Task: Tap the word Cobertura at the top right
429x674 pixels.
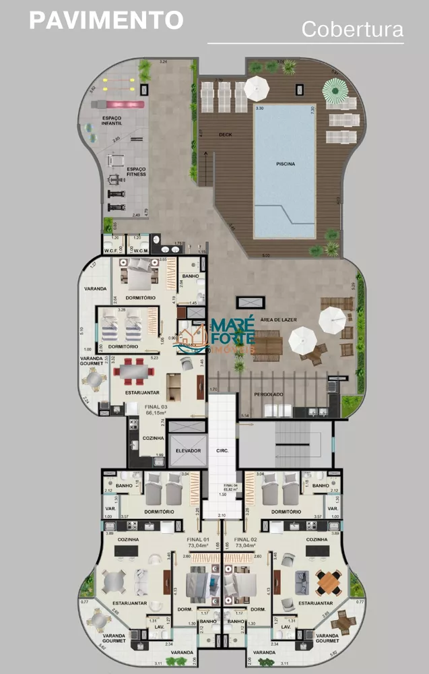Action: tap(352, 30)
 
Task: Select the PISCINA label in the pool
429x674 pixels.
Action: tap(285, 163)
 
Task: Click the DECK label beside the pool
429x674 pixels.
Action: tap(225, 134)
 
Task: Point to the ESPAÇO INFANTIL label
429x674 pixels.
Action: tap(112, 121)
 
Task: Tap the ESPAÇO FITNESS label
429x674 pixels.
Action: tap(135, 171)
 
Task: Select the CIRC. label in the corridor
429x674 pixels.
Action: tap(223, 450)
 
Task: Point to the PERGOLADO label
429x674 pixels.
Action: tap(269, 394)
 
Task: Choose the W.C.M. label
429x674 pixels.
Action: tap(140, 251)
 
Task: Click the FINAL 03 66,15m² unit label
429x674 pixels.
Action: tap(156, 410)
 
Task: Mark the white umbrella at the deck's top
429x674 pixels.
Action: tap(257, 86)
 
